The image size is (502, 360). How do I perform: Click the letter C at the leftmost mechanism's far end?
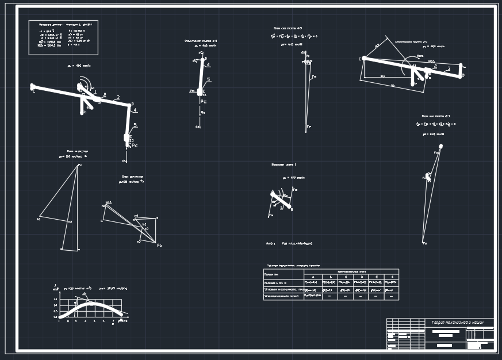pyautogui.click(x=33, y=91)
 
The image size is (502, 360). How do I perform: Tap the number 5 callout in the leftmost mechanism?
pyautogui.click(x=135, y=125)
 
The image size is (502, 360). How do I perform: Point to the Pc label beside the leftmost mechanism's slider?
pyautogui.click(x=135, y=145)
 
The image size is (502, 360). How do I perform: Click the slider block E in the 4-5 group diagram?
pyautogui.click(x=200, y=91)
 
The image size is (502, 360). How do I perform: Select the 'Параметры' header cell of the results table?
pyautogui.click(x=271, y=274)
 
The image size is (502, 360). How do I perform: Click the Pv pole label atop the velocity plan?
pyautogui.click(x=79, y=166)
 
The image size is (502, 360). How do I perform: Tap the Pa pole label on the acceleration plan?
pyautogui.click(x=159, y=246)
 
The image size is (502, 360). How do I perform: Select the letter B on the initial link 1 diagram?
pyautogui.click(x=292, y=210)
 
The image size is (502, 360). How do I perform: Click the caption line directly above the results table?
pyautogui.click(x=293, y=266)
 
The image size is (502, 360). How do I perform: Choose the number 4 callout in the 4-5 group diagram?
pyautogui.click(x=207, y=65)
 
